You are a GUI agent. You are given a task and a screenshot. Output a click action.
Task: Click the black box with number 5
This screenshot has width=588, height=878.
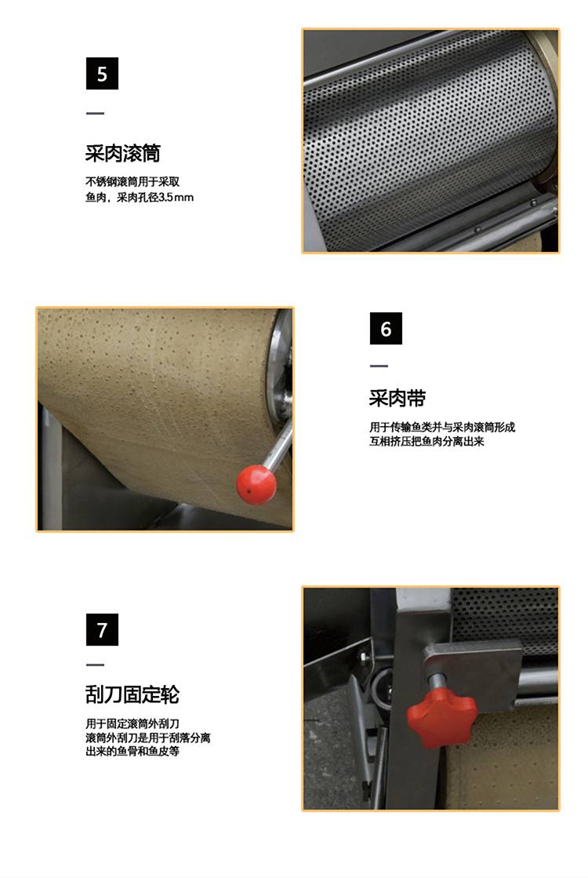click(x=102, y=73)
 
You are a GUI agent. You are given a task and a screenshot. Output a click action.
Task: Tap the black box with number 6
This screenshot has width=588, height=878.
click(x=386, y=329)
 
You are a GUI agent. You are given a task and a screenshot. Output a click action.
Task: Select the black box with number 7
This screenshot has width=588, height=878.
click(x=102, y=630)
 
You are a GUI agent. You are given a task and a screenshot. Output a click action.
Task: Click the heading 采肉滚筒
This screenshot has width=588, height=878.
click(x=123, y=153)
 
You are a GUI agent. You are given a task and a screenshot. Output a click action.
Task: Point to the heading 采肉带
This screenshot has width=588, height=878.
click(x=397, y=398)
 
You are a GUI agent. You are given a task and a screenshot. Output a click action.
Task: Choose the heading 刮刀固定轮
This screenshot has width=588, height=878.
click(x=132, y=694)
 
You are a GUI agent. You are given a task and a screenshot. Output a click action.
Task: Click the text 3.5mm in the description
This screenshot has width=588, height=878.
click(x=176, y=197)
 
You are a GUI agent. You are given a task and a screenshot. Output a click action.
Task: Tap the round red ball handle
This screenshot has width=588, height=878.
click(x=256, y=484)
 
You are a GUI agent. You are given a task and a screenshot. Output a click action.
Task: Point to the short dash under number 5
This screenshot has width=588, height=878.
click(x=95, y=113)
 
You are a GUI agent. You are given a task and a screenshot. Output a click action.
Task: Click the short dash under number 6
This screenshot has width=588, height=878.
click(x=379, y=366)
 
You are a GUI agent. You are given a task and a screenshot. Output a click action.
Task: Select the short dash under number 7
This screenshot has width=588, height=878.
click(x=95, y=665)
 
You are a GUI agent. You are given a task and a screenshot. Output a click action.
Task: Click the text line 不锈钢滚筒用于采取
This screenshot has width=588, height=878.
click(x=132, y=181)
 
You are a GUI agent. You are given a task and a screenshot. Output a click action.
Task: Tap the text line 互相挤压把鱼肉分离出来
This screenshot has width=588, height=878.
click(x=426, y=441)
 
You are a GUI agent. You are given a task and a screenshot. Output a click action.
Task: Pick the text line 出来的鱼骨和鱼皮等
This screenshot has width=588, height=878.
click(x=132, y=752)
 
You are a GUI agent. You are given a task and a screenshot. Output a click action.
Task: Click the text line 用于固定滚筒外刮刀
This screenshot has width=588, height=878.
click(x=132, y=723)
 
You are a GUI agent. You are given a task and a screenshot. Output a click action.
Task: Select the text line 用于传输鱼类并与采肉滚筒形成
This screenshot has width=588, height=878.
click(x=442, y=428)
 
